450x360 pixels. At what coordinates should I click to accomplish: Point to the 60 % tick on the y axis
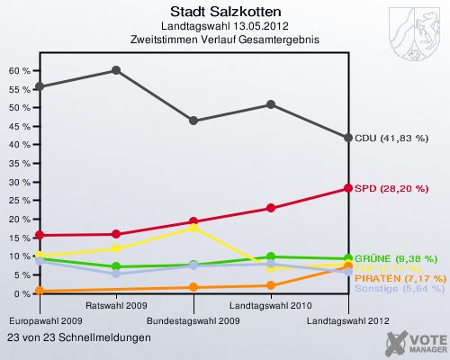21,70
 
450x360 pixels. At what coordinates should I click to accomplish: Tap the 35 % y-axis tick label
21,164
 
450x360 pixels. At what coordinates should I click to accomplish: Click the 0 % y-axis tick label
23,294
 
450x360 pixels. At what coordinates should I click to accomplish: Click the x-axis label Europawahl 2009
47,320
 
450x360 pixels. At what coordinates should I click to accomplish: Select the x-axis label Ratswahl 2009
116,307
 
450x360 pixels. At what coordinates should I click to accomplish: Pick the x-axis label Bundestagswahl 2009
193,320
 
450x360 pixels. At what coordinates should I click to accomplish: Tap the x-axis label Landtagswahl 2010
271,307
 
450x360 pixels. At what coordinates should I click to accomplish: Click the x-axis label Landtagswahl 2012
348,320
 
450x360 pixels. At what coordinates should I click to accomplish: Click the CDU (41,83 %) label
391,138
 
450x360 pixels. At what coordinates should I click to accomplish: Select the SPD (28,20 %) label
391,188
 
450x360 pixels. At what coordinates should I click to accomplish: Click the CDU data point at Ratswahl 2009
116,69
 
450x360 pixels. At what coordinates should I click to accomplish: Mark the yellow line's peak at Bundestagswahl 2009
193,228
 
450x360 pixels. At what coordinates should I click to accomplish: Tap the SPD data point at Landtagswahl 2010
271,208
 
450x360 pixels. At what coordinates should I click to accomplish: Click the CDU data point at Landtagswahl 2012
348,137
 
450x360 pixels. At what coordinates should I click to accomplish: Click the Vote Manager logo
415,343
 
